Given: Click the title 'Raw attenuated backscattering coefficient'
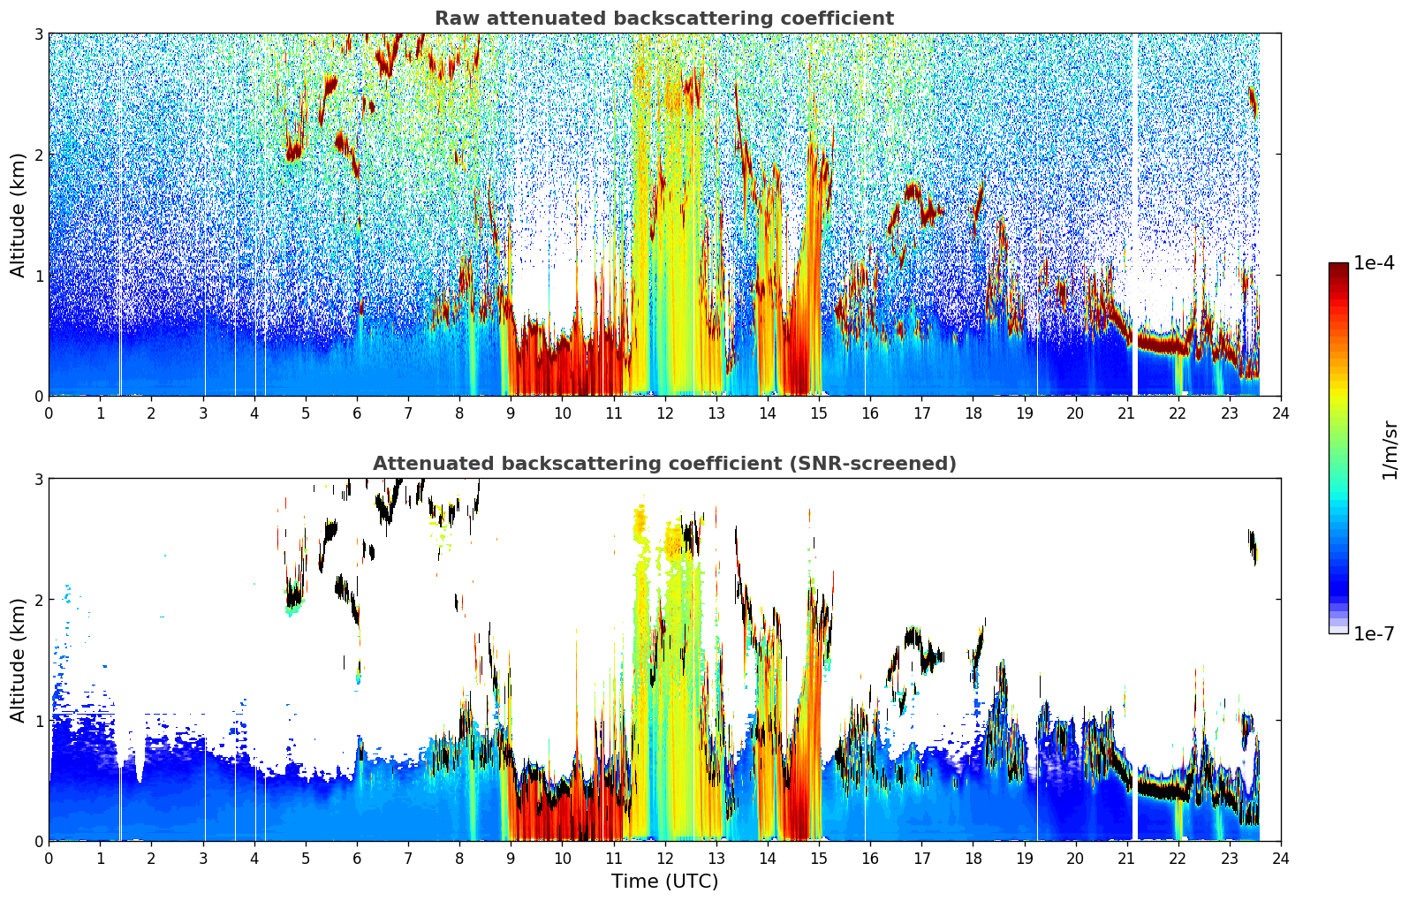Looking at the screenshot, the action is (664, 19).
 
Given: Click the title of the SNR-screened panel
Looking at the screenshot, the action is (664, 463).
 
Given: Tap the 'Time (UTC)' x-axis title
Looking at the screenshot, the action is (664, 881).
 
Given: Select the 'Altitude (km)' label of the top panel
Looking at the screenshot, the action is (18, 216).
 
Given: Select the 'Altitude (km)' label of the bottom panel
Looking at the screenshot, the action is (18, 660).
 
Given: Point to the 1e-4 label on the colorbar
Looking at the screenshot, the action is (1374, 263).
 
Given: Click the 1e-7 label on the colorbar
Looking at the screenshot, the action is (1374, 633).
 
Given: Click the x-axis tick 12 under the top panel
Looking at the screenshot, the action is (665, 413).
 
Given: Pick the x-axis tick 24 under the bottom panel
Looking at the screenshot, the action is (1281, 859).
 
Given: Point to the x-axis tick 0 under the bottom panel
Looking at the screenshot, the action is (49, 859).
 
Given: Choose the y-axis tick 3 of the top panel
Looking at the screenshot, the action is (38, 34).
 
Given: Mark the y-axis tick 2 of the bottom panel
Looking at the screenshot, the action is (38, 600).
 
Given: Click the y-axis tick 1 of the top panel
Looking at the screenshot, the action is (38, 276).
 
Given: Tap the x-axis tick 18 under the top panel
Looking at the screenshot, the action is (973, 413).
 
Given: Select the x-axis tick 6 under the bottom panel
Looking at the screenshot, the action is (357, 859).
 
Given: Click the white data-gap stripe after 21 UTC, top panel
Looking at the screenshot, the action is (1135, 214).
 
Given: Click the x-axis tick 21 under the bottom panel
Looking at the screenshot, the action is (1126, 859).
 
